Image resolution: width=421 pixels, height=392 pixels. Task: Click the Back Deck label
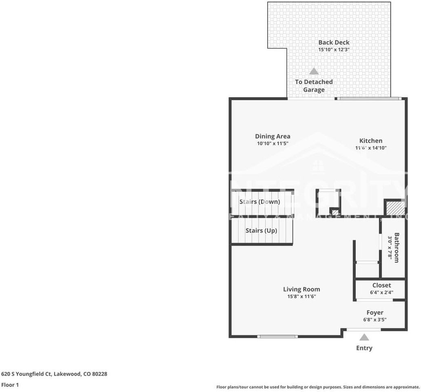[x=334, y=42]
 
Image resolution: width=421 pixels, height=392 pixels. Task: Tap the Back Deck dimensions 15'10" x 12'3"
[x=334, y=50]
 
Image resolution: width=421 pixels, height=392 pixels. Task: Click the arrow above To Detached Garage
[x=313, y=71]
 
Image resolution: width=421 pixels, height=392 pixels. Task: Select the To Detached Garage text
[x=314, y=86]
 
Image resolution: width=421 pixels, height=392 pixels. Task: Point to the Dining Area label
[x=273, y=136]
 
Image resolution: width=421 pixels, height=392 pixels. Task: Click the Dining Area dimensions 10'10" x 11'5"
[x=273, y=144]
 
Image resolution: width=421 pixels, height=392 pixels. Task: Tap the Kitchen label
[x=371, y=141]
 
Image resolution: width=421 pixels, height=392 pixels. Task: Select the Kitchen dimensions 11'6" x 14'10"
[x=371, y=148]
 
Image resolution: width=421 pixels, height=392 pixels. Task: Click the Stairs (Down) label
[x=259, y=202]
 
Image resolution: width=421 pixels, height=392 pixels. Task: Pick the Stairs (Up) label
[x=261, y=231]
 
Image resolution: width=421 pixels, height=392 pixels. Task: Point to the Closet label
[x=381, y=285]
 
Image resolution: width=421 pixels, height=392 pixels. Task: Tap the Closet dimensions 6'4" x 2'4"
[x=381, y=292]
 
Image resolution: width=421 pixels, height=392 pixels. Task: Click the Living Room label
[x=301, y=290]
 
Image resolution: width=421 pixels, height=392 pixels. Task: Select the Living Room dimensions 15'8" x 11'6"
[x=301, y=297]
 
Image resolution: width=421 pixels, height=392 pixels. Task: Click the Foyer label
[x=374, y=313]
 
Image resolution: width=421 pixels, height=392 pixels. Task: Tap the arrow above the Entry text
[x=364, y=337]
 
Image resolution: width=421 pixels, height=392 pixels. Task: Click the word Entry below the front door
[x=364, y=348]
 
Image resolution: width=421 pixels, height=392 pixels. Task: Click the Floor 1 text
[x=10, y=385]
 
